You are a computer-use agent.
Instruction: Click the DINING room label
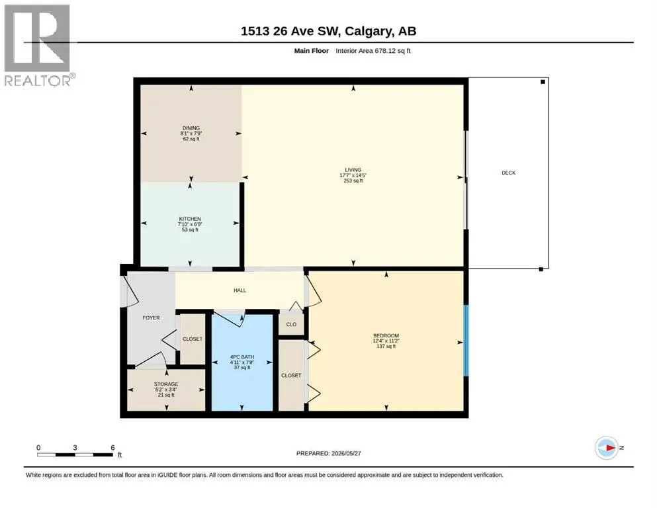191,128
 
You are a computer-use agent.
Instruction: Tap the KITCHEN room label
190,219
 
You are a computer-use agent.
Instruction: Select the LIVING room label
353,170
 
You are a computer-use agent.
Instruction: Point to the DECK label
508,173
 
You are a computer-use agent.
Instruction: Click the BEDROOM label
386,335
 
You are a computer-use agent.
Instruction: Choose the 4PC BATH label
242,357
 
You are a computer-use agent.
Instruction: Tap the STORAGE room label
166,384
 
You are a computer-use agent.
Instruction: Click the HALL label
240,290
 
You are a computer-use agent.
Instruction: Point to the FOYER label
152,318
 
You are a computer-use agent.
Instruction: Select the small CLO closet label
291,325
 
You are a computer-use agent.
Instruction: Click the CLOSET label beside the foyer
193,339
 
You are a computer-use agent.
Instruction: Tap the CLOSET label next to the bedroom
291,376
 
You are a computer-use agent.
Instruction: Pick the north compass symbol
607,448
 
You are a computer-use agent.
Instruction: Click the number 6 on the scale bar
112,448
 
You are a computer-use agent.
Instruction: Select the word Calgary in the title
369,31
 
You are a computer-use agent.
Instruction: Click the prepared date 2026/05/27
346,453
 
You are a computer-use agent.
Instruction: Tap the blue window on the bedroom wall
466,341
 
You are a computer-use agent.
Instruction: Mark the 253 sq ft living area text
353,181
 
